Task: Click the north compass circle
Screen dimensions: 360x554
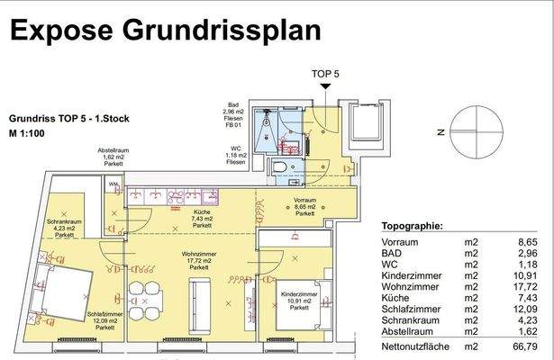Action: click(x=476, y=131)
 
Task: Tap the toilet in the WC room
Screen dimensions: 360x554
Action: click(x=279, y=172)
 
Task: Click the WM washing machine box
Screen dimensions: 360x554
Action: click(x=113, y=185)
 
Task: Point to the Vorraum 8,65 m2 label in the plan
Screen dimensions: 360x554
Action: click(x=304, y=206)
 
